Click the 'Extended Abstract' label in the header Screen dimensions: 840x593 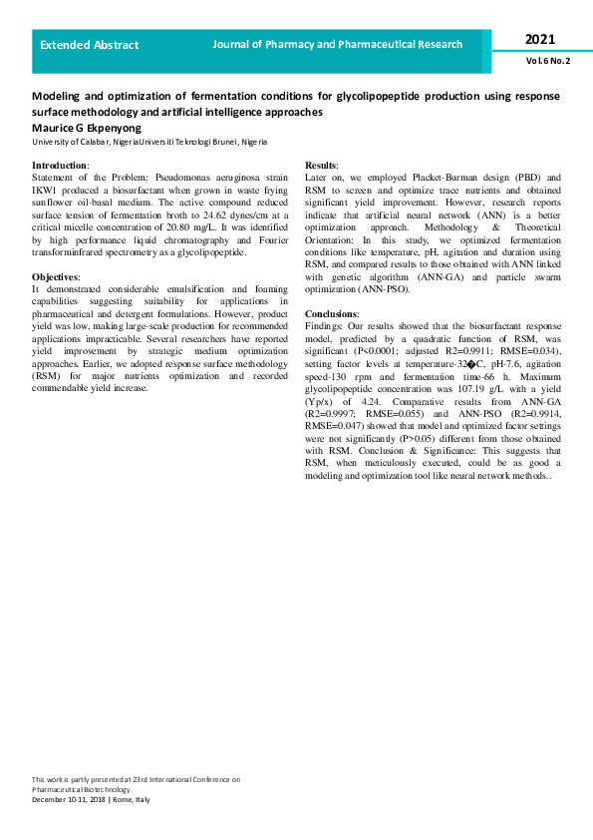coord(90,45)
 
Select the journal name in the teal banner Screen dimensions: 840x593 coord(338,44)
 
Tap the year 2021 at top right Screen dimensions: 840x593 coord(540,40)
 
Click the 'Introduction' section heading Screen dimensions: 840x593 coord(60,165)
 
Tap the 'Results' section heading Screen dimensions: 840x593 coord(321,165)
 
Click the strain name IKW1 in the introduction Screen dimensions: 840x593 coord(47,187)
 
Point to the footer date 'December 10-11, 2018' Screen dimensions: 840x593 coord(69,800)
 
